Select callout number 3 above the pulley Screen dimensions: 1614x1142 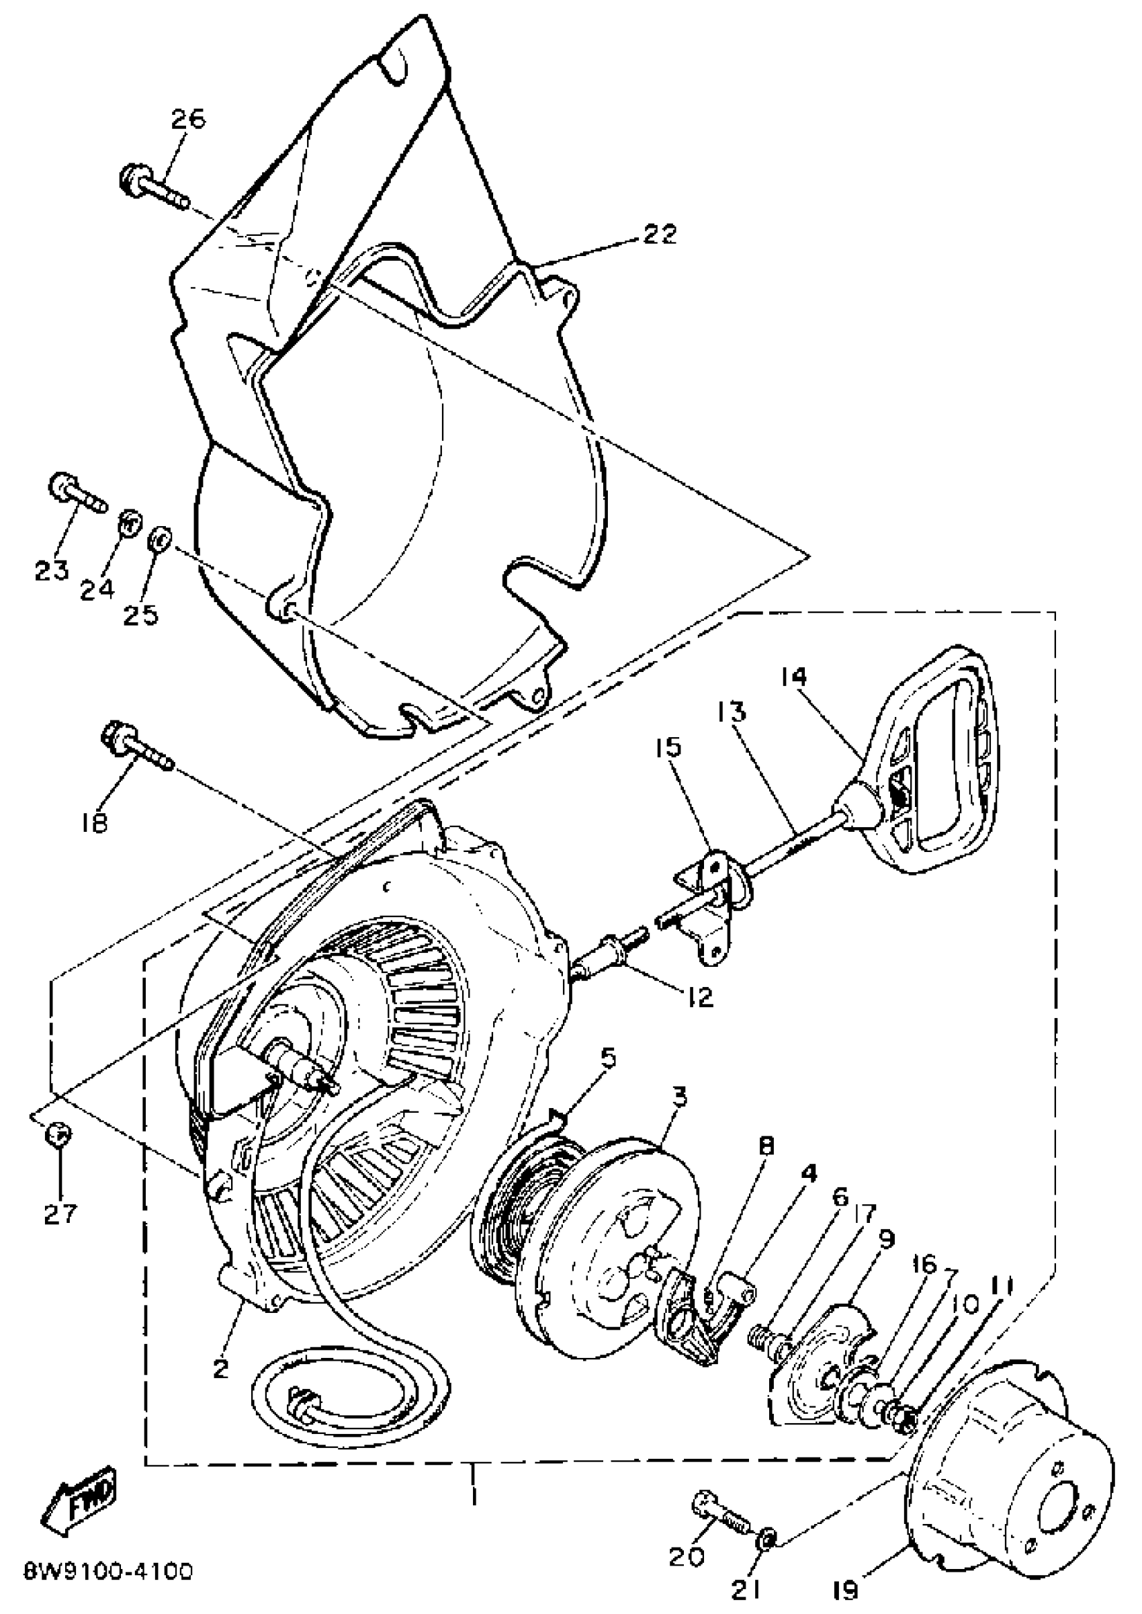(678, 1097)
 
